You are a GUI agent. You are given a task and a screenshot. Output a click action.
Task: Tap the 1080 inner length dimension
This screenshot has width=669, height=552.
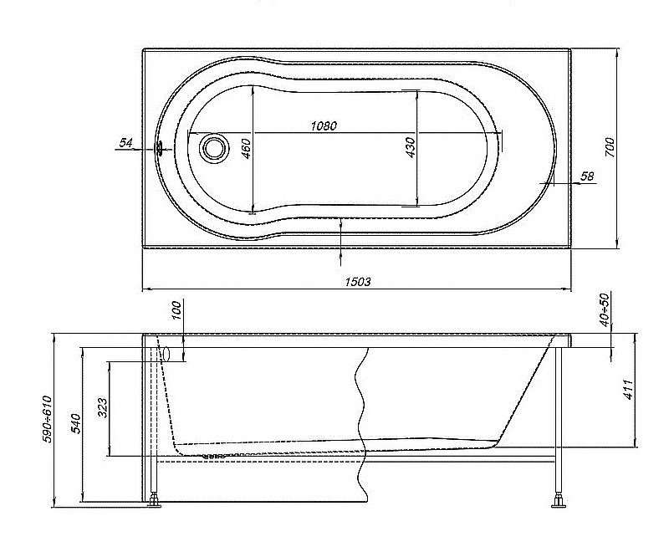pyautogui.click(x=323, y=125)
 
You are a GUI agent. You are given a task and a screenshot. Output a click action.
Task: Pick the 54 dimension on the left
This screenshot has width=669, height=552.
pyautogui.click(x=126, y=144)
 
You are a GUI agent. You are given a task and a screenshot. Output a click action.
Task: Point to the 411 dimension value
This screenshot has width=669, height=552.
pyautogui.click(x=628, y=389)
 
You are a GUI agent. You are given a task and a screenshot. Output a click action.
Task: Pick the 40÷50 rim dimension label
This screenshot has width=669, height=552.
pyautogui.click(x=604, y=311)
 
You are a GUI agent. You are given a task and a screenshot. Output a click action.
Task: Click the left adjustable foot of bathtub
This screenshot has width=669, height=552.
pyautogui.click(x=156, y=502)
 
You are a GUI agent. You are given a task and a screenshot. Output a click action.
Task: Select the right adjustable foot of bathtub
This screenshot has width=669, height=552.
pyautogui.click(x=557, y=502)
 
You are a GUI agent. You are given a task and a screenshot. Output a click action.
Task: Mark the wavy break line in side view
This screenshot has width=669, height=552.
pyautogui.click(x=361, y=418)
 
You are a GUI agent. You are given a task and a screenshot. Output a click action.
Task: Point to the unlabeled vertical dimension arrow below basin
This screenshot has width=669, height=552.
pyautogui.click(x=341, y=234)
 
